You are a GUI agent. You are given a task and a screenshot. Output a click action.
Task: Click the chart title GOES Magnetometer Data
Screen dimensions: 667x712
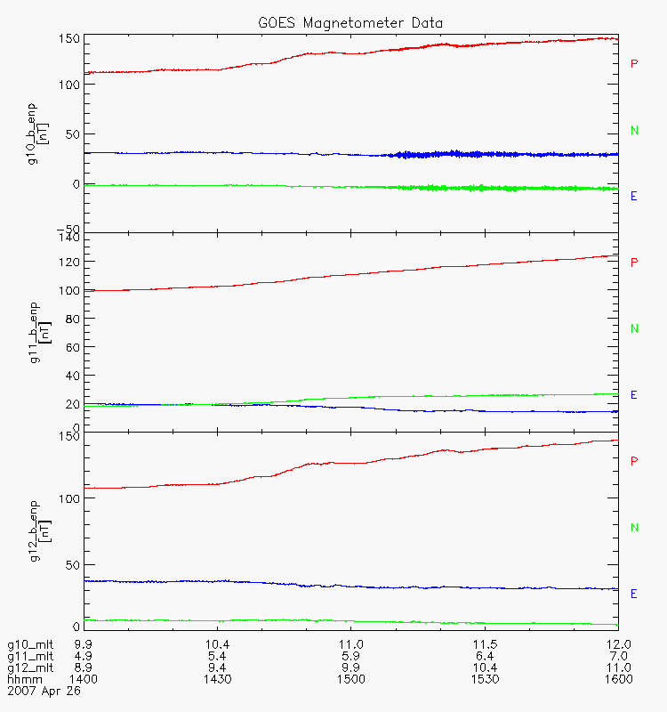[350, 23]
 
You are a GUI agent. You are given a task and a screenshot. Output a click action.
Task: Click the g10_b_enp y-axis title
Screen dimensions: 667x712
[37, 134]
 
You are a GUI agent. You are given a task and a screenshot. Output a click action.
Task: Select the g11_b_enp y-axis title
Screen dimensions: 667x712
[40, 332]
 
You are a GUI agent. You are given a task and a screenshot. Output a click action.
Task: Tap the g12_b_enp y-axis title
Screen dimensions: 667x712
[40, 530]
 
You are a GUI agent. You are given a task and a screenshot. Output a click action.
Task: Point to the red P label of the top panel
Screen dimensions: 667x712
[634, 64]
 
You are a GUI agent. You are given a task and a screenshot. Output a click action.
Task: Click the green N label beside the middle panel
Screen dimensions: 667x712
[634, 328]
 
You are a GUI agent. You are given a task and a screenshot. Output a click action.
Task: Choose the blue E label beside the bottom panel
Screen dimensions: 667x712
[634, 594]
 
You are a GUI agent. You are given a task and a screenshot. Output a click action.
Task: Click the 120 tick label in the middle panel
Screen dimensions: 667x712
[69, 262]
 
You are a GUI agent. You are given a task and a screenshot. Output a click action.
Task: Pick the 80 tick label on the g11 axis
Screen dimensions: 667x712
[73, 319]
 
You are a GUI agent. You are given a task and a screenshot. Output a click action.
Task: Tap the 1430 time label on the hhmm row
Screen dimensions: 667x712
[217, 679]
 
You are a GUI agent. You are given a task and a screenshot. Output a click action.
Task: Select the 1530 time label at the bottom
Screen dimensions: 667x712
[485, 679]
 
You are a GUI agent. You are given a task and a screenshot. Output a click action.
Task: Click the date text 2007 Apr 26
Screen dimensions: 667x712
[44, 692]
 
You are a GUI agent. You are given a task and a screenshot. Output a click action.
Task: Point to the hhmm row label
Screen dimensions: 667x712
[25, 679]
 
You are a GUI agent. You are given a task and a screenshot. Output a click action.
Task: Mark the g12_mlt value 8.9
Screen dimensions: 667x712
[84, 667]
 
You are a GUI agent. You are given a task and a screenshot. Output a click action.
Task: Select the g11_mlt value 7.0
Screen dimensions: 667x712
[618, 656]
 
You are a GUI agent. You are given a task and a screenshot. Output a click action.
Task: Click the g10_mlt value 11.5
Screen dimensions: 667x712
[485, 644]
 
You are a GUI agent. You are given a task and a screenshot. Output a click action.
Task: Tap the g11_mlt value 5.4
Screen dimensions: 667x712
[217, 656]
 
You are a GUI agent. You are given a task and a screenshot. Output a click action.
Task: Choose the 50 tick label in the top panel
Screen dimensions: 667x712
[73, 134]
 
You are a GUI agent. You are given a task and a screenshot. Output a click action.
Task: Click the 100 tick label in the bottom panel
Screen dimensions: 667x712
[69, 498]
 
